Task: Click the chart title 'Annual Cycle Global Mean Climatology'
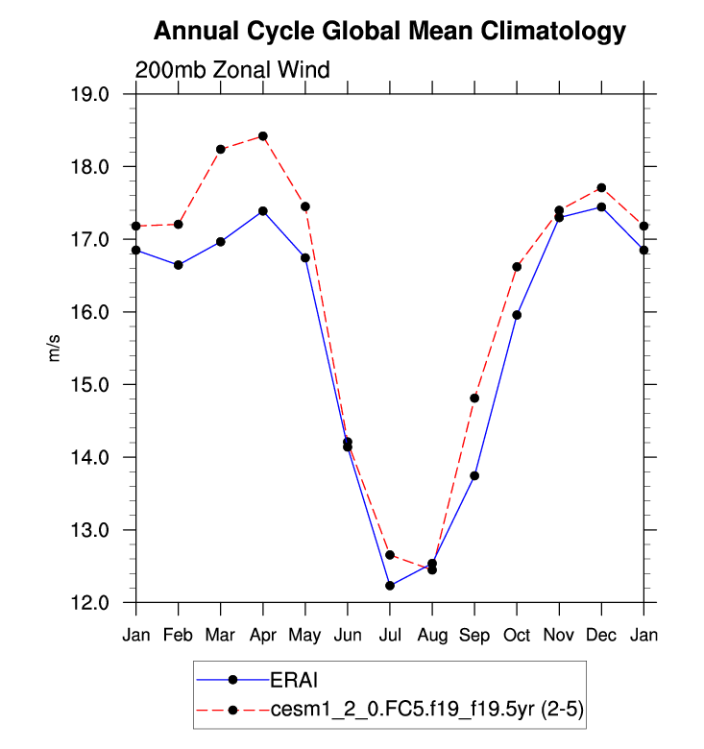pyautogui.click(x=390, y=32)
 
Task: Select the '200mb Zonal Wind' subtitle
pyautogui.click(x=232, y=70)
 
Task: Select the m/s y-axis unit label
pyautogui.click(x=55, y=349)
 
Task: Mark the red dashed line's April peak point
pyautogui.click(x=263, y=136)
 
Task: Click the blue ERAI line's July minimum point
pyautogui.click(x=390, y=586)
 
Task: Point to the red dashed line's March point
pyautogui.click(x=221, y=149)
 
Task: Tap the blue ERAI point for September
pyautogui.click(x=474, y=475)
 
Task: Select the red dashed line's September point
pyautogui.click(x=474, y=398)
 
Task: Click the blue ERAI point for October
pyautogui.click(x=517, y=315)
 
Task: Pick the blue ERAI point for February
pyautogui.click(x=179, y=265)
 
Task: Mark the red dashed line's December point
pyautogui.click(x=601, y=187)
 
